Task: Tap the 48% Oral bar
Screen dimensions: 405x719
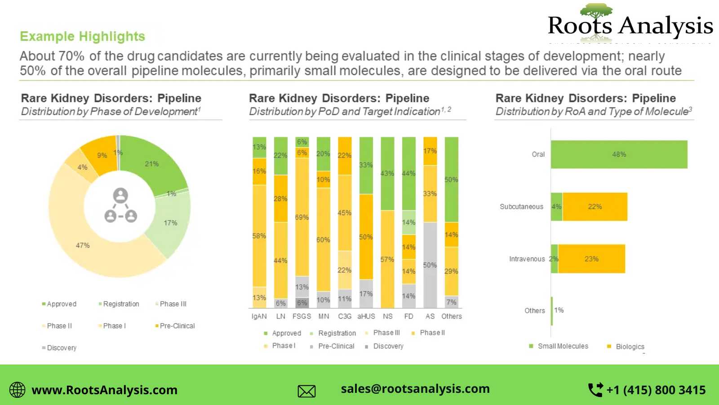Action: pos(619,154)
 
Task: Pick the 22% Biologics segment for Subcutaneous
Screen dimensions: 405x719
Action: pos(595,207)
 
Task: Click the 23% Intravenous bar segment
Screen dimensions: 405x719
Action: pos(591,259)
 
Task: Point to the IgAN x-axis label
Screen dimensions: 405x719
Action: pos(259,316)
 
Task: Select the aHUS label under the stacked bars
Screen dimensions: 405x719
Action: pos(366,316)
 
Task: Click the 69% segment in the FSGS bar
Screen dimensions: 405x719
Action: pos(302,217)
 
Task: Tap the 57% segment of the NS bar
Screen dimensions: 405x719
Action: pos(387,259)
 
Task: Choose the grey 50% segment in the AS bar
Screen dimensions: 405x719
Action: pos(430,265)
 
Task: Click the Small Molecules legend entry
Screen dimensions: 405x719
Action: pos(563,346)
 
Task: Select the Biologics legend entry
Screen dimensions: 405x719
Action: pos(630,346)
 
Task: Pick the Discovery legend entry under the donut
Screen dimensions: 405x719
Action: pos(62,348)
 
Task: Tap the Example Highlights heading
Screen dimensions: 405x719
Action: pos(83,36)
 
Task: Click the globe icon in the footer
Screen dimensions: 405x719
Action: pos(18,390)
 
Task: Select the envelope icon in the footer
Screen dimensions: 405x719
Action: pos(306,391)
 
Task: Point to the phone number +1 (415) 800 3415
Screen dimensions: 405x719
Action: pos(656,390)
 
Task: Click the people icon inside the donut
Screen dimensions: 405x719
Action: pos(120,205)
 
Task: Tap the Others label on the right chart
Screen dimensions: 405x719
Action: pos(534,310)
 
